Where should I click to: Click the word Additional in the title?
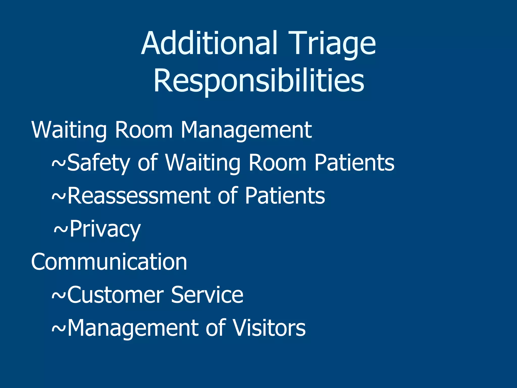(210, 43)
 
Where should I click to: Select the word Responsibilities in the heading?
(259, 81)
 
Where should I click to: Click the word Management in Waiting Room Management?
(246, 130)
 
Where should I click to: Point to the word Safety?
(98, 163)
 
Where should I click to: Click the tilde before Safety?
(59, 163)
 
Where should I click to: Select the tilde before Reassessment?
(59, 197)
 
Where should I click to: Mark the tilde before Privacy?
(61, 229)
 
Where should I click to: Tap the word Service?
(207, 295)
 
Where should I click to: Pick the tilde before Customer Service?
(59, 295)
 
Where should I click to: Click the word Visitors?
(269, 328)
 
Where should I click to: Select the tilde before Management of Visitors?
(59, 328)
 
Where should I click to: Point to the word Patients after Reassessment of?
(285, 196)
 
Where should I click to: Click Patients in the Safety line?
(354, 163)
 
